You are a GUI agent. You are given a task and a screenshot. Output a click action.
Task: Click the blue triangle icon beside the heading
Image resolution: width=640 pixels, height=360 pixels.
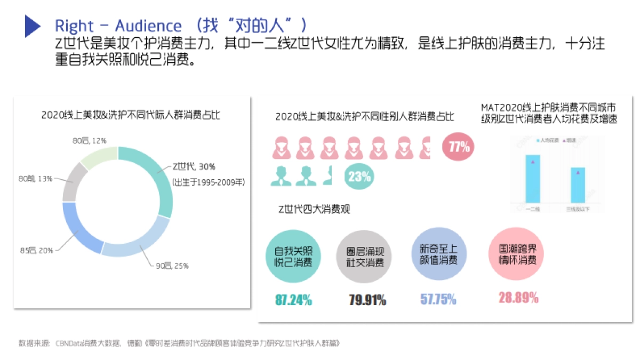32,26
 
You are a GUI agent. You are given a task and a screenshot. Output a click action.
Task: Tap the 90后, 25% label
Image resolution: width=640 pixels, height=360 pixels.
172,266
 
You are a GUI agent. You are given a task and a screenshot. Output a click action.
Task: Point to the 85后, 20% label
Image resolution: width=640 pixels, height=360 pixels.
36,251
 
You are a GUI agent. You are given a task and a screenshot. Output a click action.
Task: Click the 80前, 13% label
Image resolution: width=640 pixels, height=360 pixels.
35,179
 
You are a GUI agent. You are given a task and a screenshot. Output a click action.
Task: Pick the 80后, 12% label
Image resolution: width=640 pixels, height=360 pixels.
90,141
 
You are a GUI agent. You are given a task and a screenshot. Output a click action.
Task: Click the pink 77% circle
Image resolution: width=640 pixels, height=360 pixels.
458,147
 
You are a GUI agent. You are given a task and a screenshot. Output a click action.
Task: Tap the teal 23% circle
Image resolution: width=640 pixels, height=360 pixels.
359,177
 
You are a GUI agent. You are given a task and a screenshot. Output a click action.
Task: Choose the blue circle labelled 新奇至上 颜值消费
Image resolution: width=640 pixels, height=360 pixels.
434,254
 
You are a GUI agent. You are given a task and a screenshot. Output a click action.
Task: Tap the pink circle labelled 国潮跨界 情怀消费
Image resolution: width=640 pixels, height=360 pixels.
513,254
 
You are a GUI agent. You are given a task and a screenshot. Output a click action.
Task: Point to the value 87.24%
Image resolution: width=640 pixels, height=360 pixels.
293,300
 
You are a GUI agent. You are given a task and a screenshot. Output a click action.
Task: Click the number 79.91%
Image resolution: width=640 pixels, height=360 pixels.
367,300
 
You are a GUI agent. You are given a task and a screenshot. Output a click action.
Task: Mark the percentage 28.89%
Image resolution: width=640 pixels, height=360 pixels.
518,298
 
